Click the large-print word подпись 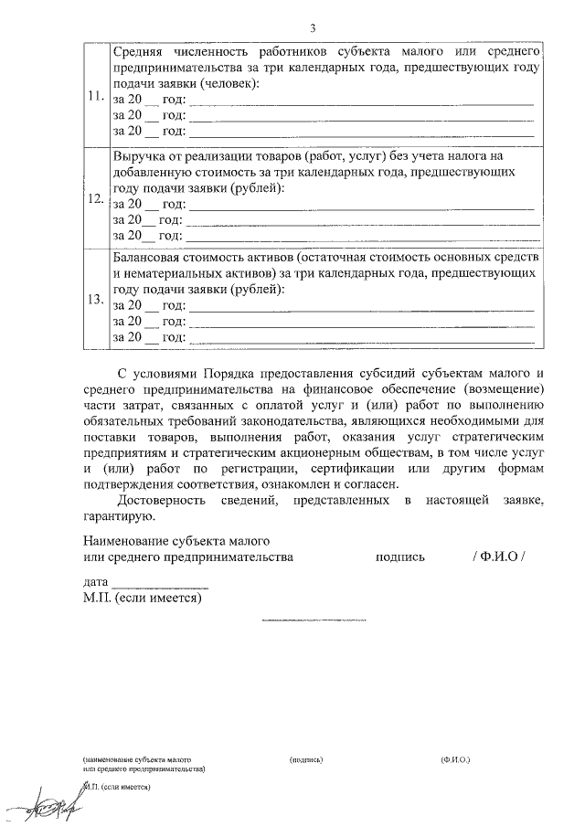click(x=399, y=557)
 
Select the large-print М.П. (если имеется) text click(x=142, y=599)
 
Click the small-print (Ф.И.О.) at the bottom click(x=453, y=759)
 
